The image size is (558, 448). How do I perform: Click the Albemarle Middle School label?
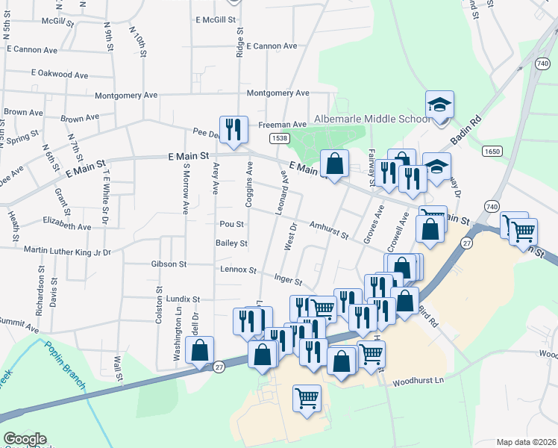369,119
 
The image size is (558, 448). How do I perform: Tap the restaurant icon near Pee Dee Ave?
233,128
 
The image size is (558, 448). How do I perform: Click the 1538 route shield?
280,138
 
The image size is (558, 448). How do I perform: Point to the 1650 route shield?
492,151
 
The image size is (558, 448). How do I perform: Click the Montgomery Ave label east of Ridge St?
278,93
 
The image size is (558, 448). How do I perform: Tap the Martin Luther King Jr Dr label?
67,251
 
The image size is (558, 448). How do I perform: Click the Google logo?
25,439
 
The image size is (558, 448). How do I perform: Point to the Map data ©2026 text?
526,442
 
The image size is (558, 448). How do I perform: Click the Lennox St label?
238,270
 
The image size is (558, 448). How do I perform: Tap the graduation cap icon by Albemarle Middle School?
439,105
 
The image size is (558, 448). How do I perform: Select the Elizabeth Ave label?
66,223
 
